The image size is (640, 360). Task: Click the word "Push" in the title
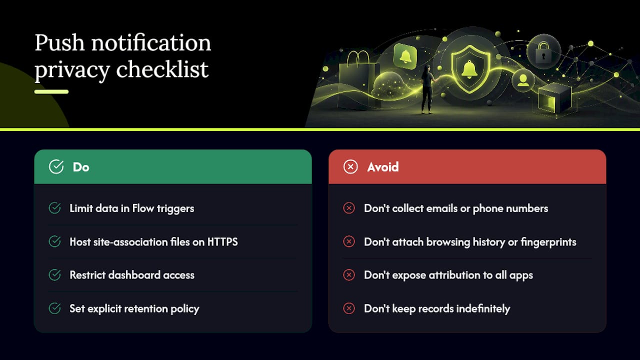(x=59, y=43)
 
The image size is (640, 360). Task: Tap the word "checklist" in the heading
(x=162, y=69)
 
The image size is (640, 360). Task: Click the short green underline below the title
(x=51, y=91)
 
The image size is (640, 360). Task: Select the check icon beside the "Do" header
(x=56, y=166)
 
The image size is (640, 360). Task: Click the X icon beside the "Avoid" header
(x=350, y=166)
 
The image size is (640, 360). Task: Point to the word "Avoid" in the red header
(x=383, y=167)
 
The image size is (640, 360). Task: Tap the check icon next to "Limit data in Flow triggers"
(x=54, y=208)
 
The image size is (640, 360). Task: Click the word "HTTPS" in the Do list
(x=222, y=242)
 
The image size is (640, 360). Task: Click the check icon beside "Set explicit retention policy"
(x=54, y=308)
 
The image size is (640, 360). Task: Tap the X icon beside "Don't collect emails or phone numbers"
(x=349, y=208)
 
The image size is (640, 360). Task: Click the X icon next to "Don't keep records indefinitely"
(x=349, y=308)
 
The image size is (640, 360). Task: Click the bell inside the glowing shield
(x=469, y=69)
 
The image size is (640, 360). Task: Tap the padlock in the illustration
(x=543, y=52)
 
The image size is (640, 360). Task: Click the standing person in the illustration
(x=427, y=89)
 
